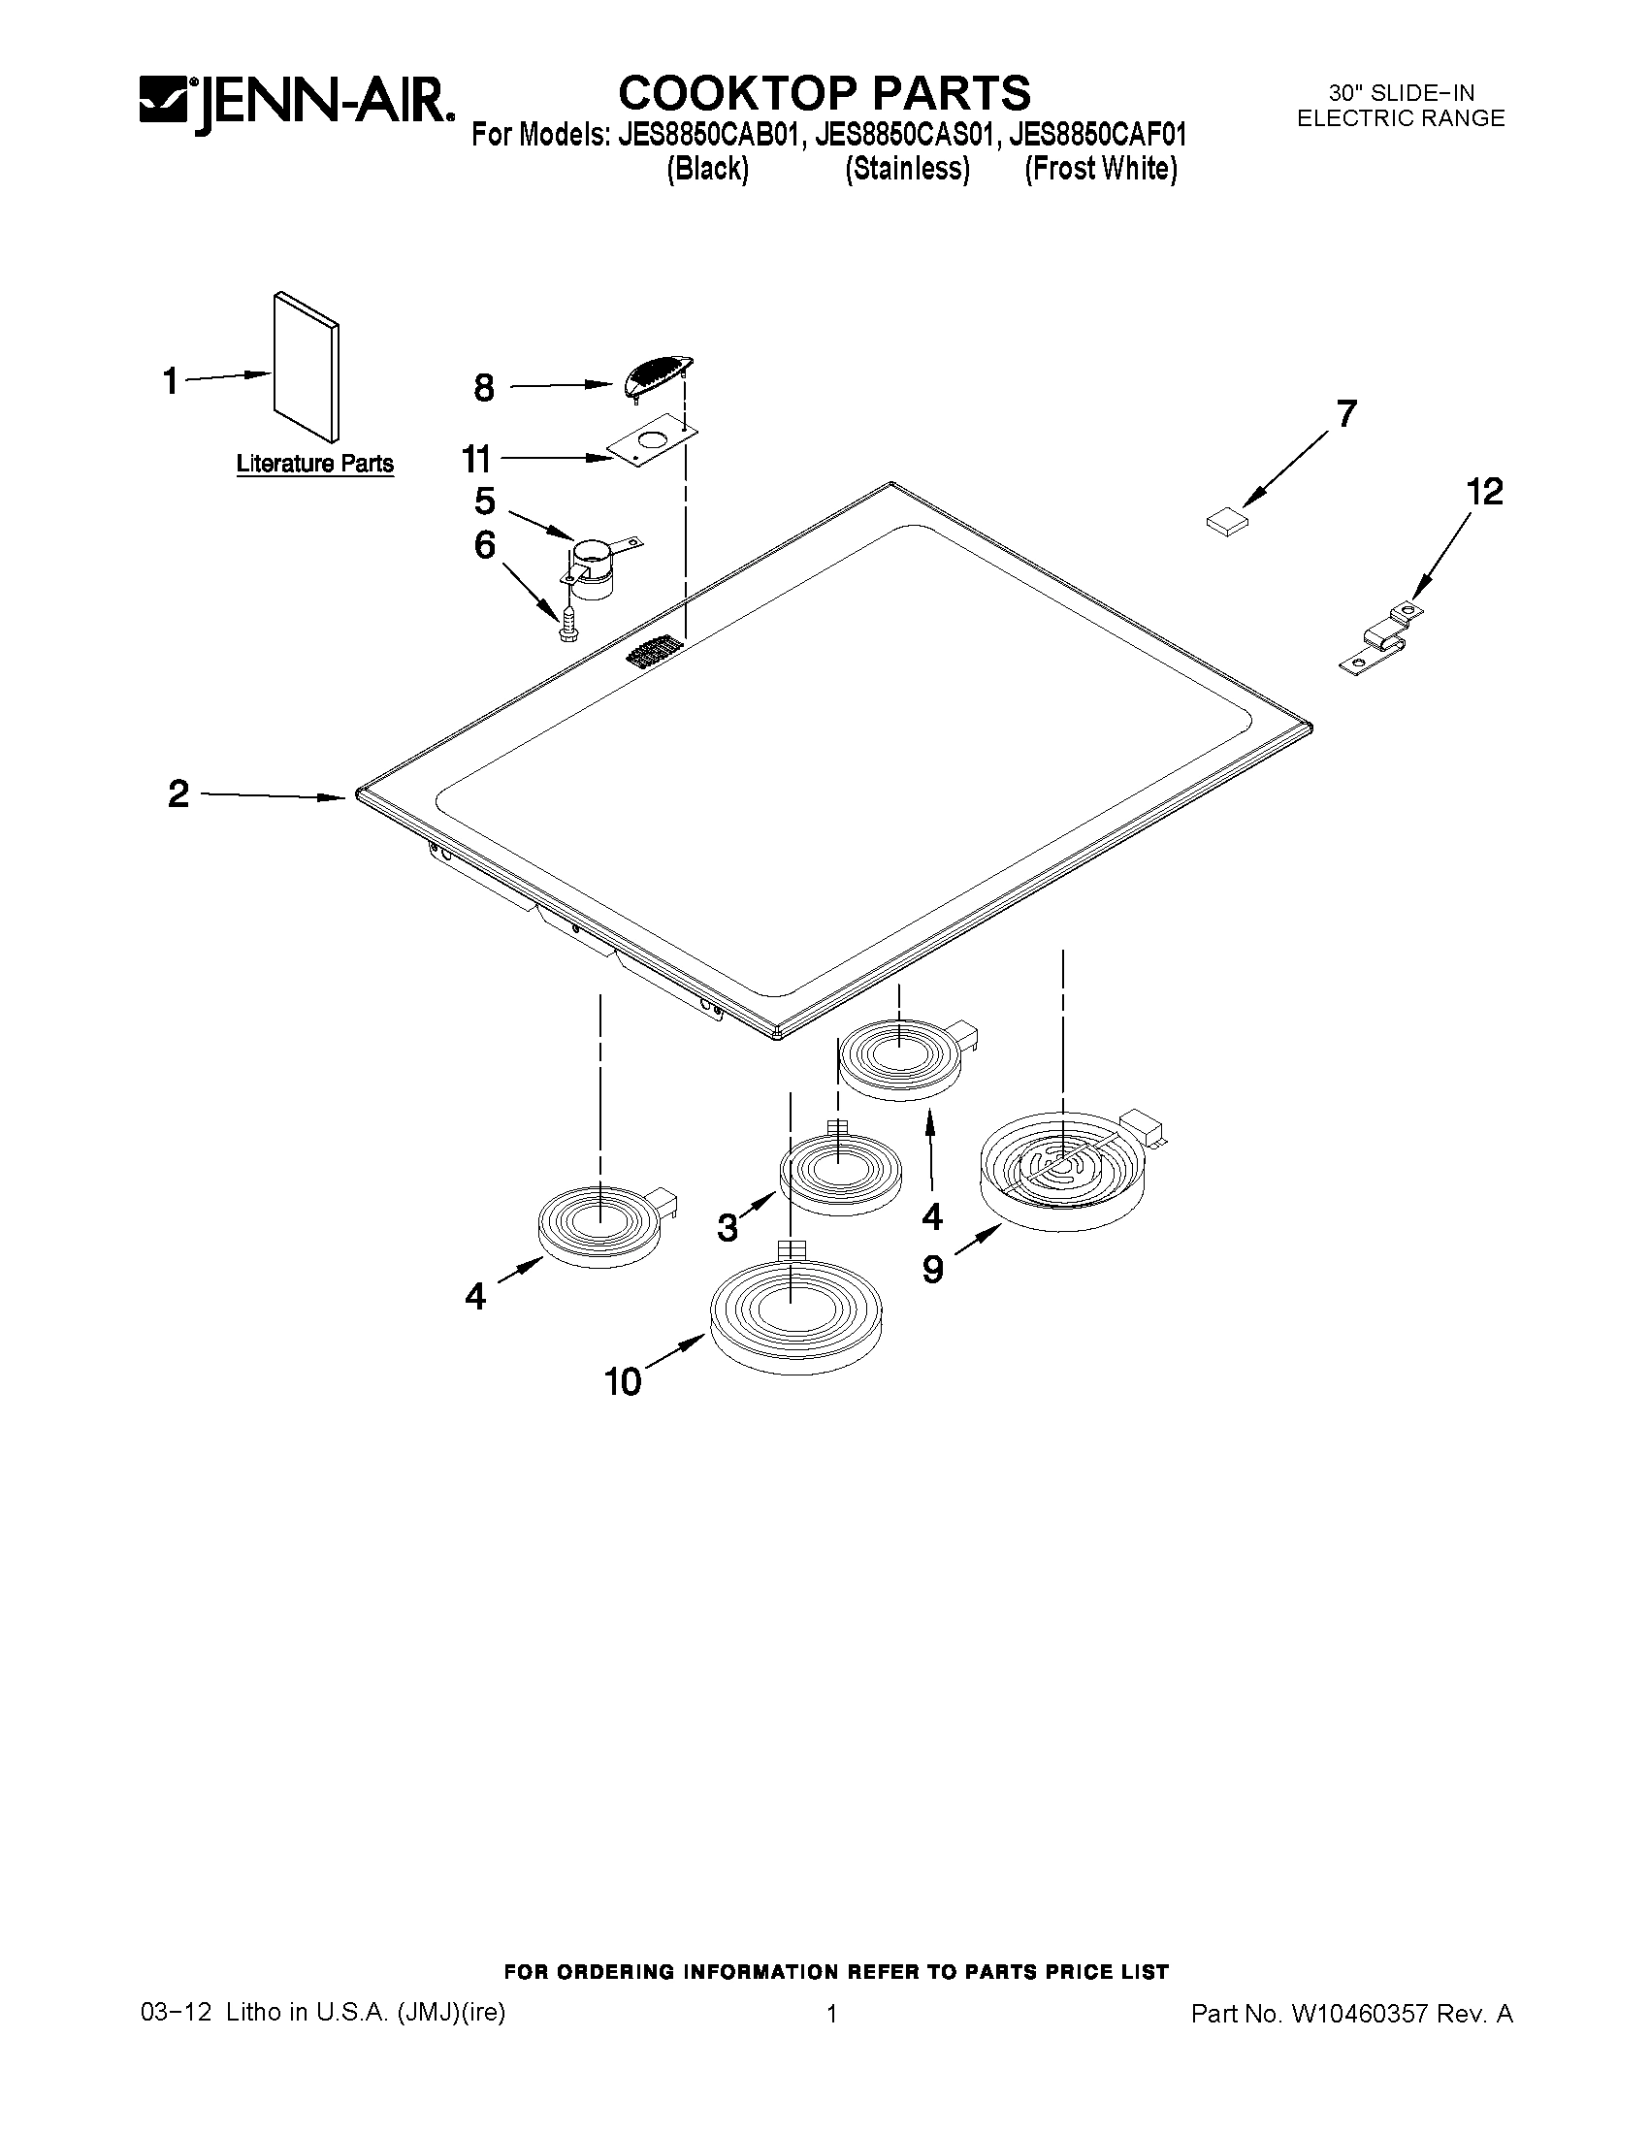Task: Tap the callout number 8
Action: tap(484, 388)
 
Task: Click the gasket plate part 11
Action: tap(649, 442)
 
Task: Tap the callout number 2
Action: tap(178, 793)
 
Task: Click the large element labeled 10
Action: tap(794, 1313)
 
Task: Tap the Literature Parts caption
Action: tap(314, 464)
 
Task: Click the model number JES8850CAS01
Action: tap(905, 133)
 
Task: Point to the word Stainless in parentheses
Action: tap(907, 169)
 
